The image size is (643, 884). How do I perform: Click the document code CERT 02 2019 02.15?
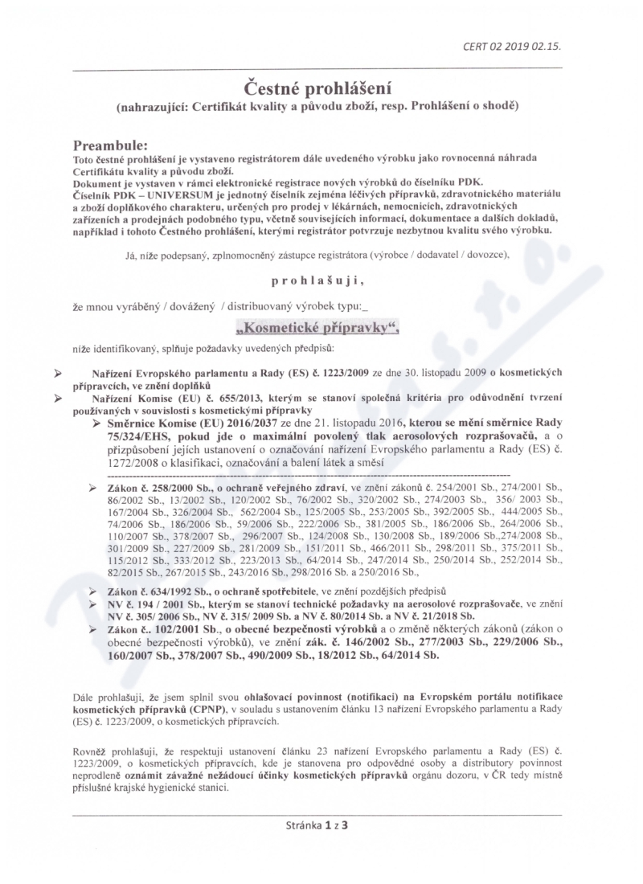(511, 46)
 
